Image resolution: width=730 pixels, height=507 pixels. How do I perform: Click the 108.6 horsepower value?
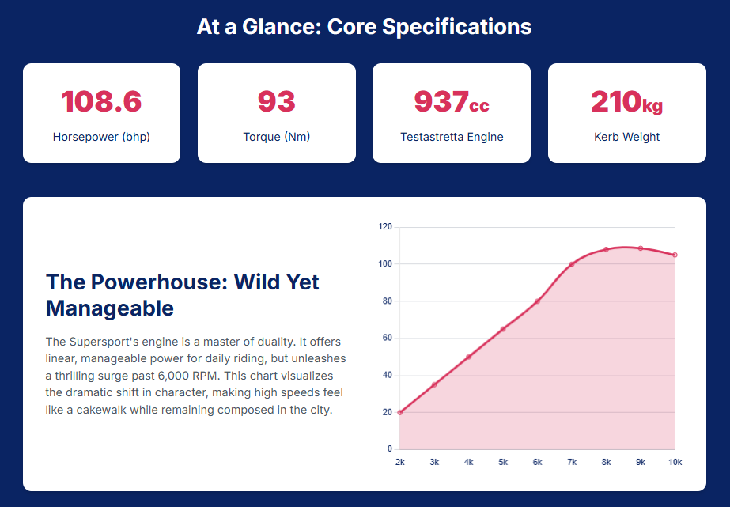coord(101,102)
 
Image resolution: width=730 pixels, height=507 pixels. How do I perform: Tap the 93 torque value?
coord(276,102)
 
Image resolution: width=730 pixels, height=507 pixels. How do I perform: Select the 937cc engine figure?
coord(452,102)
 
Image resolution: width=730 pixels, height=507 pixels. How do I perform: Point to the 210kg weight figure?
coord(626,102)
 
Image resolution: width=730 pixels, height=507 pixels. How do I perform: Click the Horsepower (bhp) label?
coord(101,137)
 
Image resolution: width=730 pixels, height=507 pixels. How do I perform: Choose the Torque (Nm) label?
coord(276,137)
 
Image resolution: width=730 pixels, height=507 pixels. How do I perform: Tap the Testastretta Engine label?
coord(452,137)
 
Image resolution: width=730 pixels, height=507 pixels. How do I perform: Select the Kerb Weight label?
coord(626,137)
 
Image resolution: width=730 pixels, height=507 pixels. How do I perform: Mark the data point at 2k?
coord(400,412)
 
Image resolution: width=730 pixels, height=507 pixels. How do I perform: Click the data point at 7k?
coord(572,264)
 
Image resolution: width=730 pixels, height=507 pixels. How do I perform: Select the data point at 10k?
coord(675,255)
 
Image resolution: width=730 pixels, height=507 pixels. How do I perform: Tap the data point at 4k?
coord(468,357)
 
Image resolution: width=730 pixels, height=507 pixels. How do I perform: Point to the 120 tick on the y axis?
coord(385,227)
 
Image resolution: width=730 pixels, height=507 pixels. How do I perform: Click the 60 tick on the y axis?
coord(388,339)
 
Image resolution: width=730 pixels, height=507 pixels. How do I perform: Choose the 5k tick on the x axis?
coord(503,462)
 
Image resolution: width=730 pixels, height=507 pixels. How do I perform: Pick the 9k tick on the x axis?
coord(641,462)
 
